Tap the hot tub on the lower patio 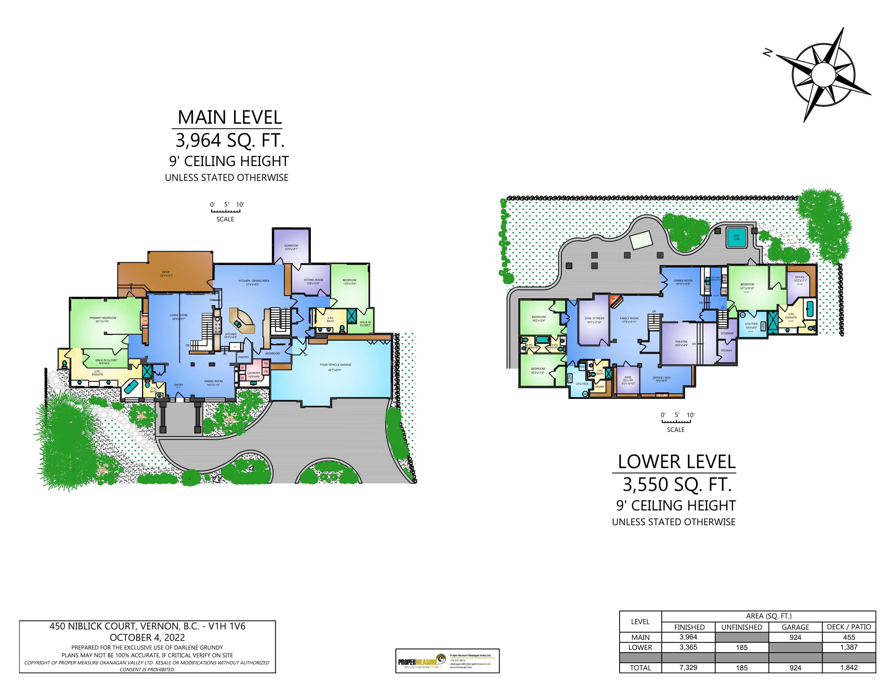(x=736, y=237)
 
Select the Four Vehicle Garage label (x=335, y=365)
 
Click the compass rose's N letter (x=767, y=53)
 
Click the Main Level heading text (x=229, y=118)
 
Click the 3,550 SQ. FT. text (x=677, y=484)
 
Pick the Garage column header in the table (x=795, y=627)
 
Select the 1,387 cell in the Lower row (x=849, y=647)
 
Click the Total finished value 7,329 (x=688, y=668)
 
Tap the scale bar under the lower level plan (x=676, y=421)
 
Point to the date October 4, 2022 (x=147, y=637)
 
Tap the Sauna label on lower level (x=600, y=387)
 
